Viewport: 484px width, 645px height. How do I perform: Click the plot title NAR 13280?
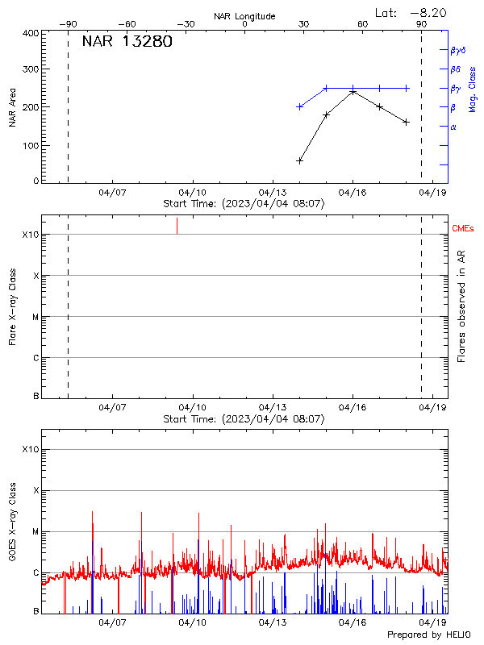click(127, 43)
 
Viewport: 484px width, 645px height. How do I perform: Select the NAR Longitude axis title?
click(244, 16)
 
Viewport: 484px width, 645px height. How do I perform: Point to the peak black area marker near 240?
click(353, 92)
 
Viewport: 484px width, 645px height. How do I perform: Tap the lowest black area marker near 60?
click(300, 160)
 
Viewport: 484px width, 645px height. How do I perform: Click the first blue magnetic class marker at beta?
click(300, 106)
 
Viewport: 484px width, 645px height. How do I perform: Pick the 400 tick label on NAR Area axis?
click(30, 34)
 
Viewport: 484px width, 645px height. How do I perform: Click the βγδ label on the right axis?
click(459, 50)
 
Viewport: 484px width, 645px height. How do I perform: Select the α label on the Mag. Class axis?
click(453, 127)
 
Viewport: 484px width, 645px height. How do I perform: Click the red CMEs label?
click(463, 229)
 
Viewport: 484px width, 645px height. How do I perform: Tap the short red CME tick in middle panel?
click(177, 226)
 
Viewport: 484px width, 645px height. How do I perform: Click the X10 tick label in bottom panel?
click(30, 449)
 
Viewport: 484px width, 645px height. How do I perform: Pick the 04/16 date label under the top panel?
click(353, 193)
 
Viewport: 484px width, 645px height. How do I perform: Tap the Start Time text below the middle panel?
click(244, 419)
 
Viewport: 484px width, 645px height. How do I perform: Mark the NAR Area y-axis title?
click(13, 106)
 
